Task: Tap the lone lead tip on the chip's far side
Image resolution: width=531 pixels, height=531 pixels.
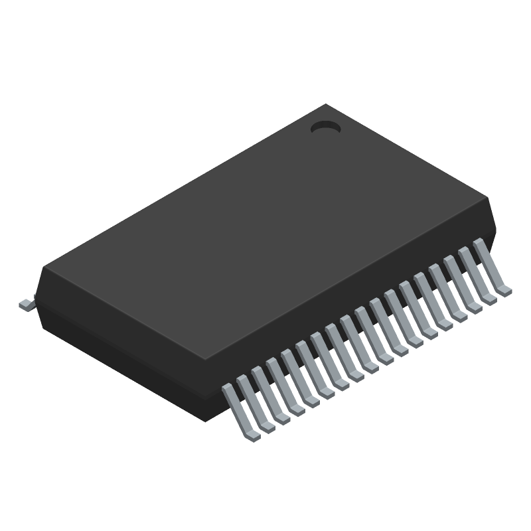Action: click(x=26, y=304)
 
